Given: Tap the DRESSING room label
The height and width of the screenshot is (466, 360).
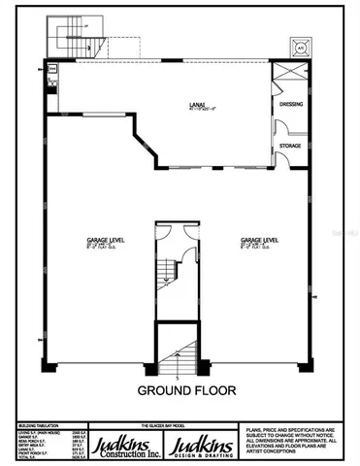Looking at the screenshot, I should click(x=290, y=102).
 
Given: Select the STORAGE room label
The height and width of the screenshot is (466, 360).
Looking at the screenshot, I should click(x=290, y=146).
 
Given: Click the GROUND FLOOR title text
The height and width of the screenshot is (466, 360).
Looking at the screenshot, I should click(x=180, y=393).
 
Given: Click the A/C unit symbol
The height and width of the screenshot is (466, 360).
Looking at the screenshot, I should click(x=300, y=45).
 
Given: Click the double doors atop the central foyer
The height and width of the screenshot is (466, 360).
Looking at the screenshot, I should click(x=178, y=231).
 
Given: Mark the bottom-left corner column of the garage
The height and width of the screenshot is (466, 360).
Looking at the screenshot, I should click(x=46, y=365).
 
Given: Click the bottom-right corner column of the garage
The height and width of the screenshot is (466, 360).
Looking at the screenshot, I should click(x=310, y=365).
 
